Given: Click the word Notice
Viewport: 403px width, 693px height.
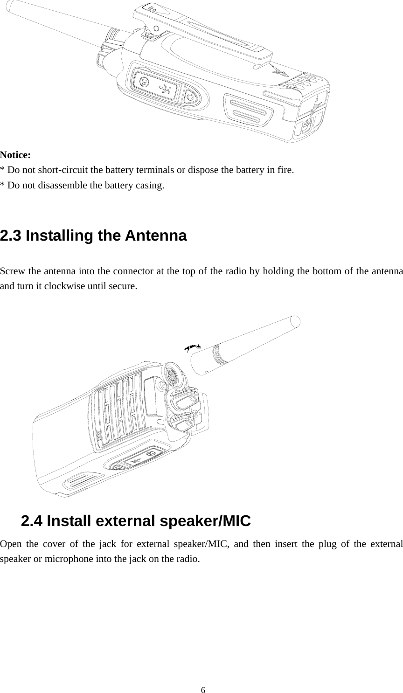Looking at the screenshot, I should pyautogui.click(x=15, y=154).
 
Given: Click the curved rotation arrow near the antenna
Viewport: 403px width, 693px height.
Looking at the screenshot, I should pyautogui.click(x=192, y=347).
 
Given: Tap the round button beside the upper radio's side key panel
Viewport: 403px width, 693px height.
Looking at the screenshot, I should pyautogui.click(x=190, y=97).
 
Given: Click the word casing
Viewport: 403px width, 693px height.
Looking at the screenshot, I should pyautogui.click(x=150, y=185).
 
